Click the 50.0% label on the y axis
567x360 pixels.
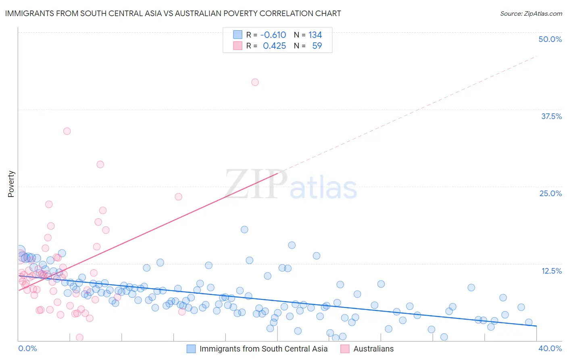pyautogui.click(x=550, y=39)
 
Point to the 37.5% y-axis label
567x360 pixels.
pyautogui.click(x=551, y=116)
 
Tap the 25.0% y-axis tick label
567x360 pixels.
pyautogui.click(x=550, y=193)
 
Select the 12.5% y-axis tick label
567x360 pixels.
pyautogui.click(x=551, y=271)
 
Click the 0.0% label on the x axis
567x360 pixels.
pyautogui.click(x=27, y=348)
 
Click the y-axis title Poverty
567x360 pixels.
pyautogui.click(x=11, y=184)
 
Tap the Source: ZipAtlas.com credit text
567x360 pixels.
pyautogui.click(x=531, y=13)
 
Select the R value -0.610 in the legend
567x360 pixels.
pyautogui.click(x=273, y=35)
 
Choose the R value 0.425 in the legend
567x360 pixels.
pyautogui.click(x=274, y=46)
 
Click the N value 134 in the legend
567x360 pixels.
pyautogui.click(x=315, y=35)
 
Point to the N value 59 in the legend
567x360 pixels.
pyautogui.click(x=317, y=46)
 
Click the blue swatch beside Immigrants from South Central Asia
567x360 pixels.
pyautogui.click(x=191, y=349)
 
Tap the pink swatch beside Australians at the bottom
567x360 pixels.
pyautogui.click(x=345, y=349)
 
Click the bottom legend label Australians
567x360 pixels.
pyautogui.click(x=373, y=349)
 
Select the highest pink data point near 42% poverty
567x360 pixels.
pyautogui.click(x=255, y=82)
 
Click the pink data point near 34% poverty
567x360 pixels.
pyautogui.click(x=67, y=131)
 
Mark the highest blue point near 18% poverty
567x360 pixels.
pyautogui.click(x=244, y=229)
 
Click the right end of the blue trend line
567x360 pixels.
pyautogui.click(x=536, y=326)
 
